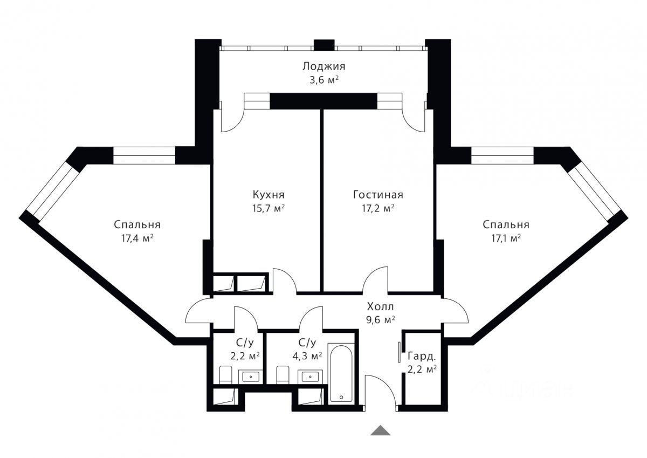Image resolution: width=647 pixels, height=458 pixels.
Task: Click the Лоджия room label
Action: (x=324, y=66)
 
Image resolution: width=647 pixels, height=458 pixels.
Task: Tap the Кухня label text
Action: (x=269, y=195)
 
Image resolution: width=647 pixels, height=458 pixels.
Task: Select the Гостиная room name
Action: (x=378, y=195)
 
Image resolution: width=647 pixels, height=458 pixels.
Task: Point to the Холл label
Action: (x=381, y=306)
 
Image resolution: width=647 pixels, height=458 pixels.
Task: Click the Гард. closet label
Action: (x=422, y=357)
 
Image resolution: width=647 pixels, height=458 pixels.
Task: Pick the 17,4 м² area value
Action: (x=137, y=238)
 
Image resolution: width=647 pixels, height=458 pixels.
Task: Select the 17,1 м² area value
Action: (x=506, y=238)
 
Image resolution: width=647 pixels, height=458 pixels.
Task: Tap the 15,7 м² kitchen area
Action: (x=269, y=208)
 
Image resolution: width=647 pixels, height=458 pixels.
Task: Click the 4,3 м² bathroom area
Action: (x=307, y=356)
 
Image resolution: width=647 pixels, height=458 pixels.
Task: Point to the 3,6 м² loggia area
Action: (x=324, y=80)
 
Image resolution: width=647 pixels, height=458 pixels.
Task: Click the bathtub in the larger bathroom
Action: (x=341, y=373)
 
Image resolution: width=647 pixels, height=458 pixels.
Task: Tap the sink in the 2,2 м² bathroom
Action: (x=250, y=377)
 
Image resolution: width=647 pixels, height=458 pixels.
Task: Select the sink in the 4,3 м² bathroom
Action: (x=310, y=377)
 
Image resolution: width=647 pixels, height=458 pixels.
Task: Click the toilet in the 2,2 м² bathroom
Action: (x=225, y=375)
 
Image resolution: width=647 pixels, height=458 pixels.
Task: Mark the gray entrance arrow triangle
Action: (x=381, y=430)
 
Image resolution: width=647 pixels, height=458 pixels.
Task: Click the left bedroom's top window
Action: (x=144, y=155)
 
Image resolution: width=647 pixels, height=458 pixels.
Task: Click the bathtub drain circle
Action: (x=341, y=398)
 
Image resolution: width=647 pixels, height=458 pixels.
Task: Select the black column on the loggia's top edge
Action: (x=324, y=45)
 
